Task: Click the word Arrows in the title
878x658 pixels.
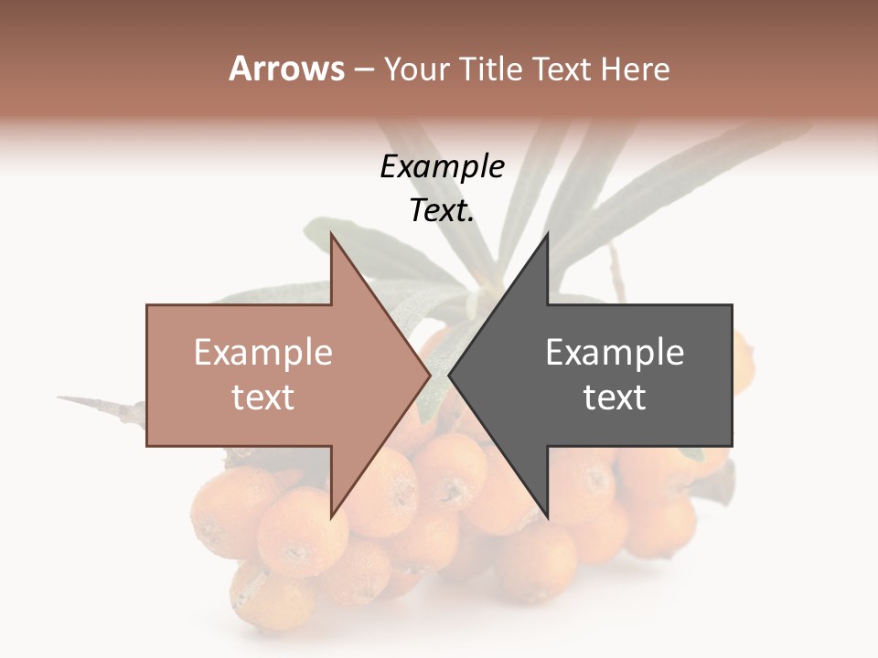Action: (x=286, y=69)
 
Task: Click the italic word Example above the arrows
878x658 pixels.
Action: (x=442, y=166)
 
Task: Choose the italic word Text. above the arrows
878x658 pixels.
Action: (x=442, y=210)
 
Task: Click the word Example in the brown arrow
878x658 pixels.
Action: (x=263, y=353)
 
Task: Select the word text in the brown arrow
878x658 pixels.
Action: (x=263, y=398)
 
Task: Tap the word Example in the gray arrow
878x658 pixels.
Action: (x=615, y=353)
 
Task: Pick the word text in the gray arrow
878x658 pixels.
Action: (x=615, y=398)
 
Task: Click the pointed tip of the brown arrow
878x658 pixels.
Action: (x=430, y=375)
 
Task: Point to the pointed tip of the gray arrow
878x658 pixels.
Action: (x=449, y=375)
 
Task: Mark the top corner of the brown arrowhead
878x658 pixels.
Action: (x=331, y=235)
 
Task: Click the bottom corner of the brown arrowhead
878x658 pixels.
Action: (x=331, y=515)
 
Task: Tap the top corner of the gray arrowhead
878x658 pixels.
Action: (x=547, y=235)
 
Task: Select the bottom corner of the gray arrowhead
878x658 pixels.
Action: (x=547, y=515)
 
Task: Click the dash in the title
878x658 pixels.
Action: (x=363, y=69)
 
